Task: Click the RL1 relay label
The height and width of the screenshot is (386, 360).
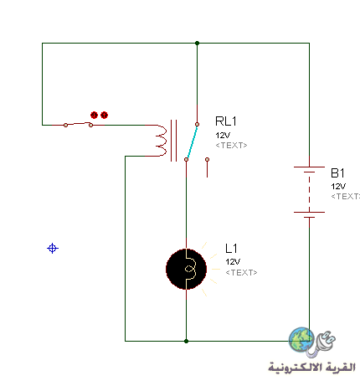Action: point(226,121)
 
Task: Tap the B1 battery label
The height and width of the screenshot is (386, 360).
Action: point(337,173)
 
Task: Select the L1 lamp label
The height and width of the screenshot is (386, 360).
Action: point(231,249)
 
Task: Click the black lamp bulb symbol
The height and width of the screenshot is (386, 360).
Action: point(186,269)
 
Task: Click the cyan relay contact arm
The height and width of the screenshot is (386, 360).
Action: point(192,142)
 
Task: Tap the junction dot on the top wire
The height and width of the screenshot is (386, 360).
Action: point(197,43)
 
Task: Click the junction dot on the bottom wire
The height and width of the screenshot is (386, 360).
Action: point(186,341)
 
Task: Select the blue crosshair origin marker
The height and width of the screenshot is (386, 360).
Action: point(53,248)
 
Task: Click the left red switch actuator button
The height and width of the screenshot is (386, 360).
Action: point(94,115)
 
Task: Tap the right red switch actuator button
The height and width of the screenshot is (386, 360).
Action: point(104,115)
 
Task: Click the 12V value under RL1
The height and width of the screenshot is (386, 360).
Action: point(223,136)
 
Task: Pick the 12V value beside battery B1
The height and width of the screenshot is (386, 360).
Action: point(338,186)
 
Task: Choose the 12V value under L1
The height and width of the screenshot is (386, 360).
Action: point(233,262)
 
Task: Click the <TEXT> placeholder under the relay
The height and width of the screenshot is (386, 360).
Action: point(231,146)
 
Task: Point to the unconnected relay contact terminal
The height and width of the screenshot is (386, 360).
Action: point(207,160)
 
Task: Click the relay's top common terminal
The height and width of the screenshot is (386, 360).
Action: point(197,124)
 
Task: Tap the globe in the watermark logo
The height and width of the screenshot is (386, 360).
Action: point(301,340)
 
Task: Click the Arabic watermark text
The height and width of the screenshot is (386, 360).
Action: point(311,368)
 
